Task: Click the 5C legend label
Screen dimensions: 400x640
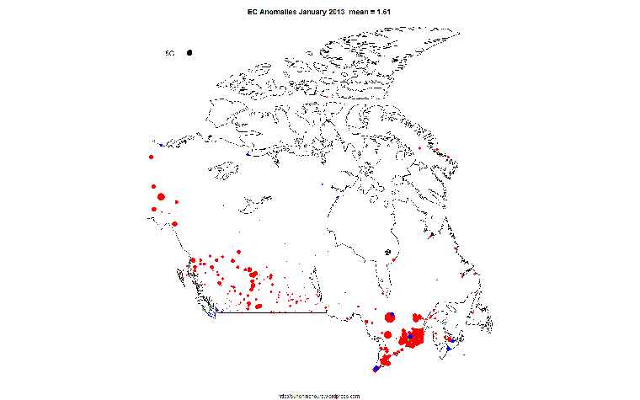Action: tap(169, 53)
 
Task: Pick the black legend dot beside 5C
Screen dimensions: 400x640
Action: tap(190, 53)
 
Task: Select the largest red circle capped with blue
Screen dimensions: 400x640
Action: tap(389, 317)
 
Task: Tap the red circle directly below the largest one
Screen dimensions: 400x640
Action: tap(387, 335)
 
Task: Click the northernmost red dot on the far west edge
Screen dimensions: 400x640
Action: tap(151, 157)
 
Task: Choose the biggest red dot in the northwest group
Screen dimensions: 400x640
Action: tap(161, 197)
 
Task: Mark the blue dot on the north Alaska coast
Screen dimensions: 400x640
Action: tap(161, 146)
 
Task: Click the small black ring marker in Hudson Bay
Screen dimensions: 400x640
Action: tap(387, 252)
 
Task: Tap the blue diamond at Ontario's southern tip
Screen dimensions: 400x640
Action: tap(376, 368)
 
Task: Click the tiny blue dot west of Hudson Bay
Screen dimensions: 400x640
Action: tap(325, 183)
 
